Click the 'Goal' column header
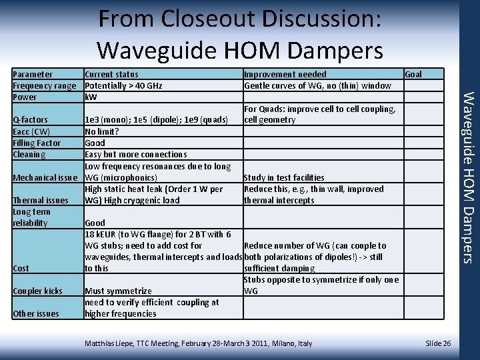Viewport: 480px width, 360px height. point(413,74)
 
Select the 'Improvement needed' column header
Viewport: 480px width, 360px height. point(285,74)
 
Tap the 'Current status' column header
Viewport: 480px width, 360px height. point(111,74)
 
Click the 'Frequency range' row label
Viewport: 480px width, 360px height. point(45,85)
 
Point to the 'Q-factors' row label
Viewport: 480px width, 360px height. point(31,120)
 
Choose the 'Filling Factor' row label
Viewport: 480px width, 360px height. point(37,143)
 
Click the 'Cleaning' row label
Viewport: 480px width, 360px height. point(29,154)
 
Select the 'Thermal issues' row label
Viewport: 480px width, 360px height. point(41,200)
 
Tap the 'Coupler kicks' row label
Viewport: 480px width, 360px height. point(37,291)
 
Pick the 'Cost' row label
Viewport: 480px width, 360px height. point(21,268)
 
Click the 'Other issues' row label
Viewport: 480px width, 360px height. point(36,313)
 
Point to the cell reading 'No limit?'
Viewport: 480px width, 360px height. point(102,131)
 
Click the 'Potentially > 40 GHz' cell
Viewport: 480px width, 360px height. point(123,85)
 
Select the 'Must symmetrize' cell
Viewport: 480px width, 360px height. point(118,291)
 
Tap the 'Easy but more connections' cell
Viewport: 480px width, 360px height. point(135,154)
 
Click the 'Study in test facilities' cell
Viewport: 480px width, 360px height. point(284,177)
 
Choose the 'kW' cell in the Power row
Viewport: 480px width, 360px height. point(91,97)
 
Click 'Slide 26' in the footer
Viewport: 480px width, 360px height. point(438,343)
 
